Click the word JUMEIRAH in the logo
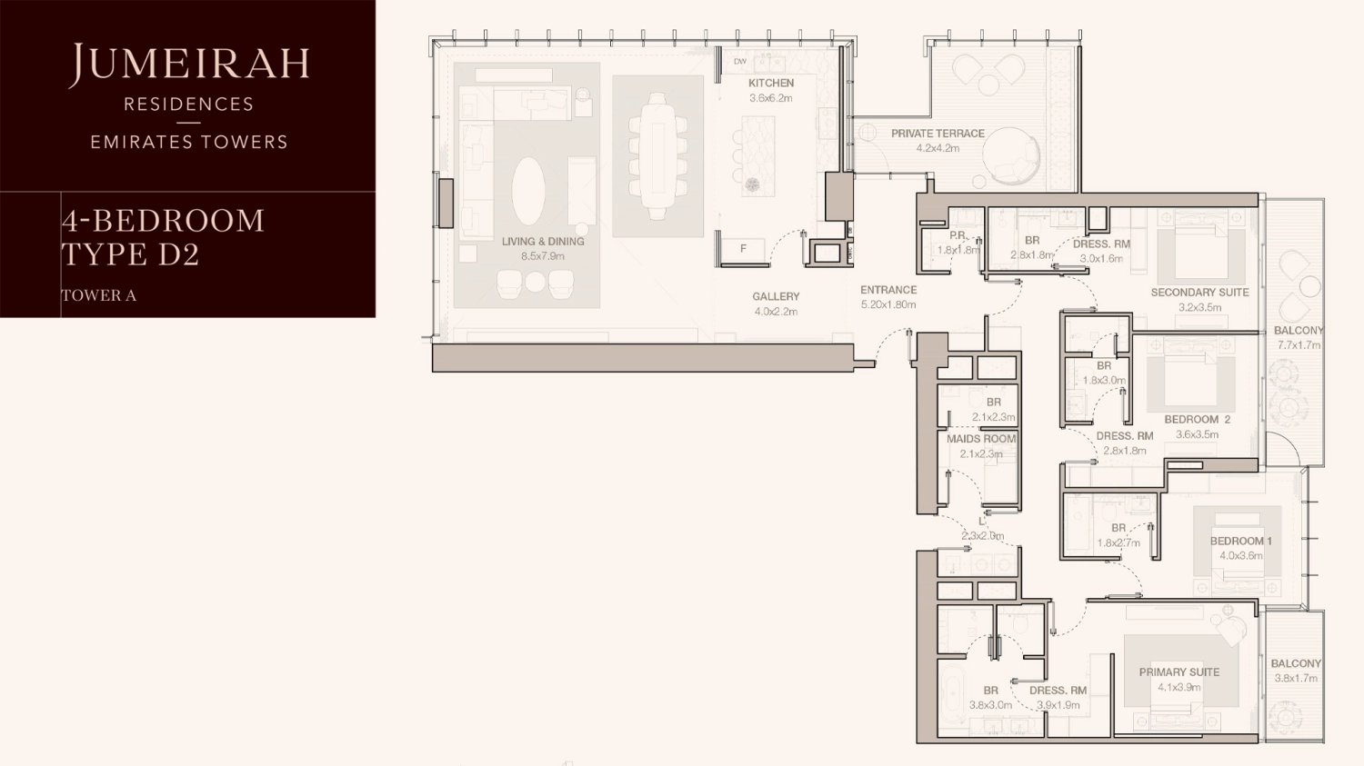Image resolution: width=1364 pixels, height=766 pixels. [189, 64]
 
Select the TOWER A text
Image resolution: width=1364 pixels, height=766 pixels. [98, 295]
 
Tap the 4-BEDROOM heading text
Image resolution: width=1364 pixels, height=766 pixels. [164, 221]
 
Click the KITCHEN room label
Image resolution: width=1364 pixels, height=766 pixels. [770, 83]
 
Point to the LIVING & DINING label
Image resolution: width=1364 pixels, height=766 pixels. [543, 242]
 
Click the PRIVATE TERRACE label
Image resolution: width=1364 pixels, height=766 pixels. [938, 134]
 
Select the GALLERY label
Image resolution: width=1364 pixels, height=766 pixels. [776, 296]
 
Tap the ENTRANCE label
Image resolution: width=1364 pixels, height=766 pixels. [888, 290]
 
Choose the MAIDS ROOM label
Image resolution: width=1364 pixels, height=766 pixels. [981, 439]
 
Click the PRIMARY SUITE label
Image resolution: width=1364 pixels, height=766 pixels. [1179, 672]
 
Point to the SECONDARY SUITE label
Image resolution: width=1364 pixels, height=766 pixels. [1199, 293]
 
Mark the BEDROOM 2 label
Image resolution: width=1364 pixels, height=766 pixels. [1197, 420]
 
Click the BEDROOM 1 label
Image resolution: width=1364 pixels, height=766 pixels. [1240, 541]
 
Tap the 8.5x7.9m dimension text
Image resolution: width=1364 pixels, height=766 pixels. [543, 256]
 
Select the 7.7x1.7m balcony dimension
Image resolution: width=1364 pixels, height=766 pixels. [1299, 345]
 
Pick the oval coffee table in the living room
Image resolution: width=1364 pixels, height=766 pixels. [528, 191]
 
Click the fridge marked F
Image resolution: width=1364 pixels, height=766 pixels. [742, 249]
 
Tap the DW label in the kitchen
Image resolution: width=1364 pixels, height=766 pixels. [740, 62]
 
